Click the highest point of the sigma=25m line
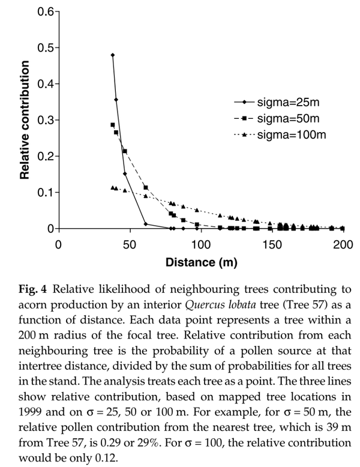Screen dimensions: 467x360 pos(113,55)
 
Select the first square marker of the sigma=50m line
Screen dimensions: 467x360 pos(113,125)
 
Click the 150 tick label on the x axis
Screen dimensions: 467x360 pos(272,244)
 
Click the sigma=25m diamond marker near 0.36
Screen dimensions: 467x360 pos(116,100)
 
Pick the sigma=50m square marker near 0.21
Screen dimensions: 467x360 pos(125,151)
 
